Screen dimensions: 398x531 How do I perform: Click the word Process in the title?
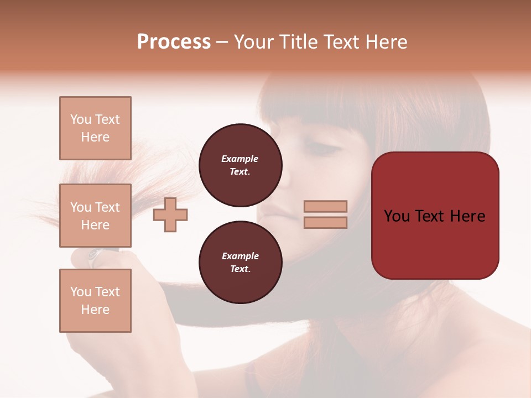pyautogui.click(x=174, y=42)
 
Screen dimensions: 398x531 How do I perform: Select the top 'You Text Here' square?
pyautogui.click(x=95, y=128)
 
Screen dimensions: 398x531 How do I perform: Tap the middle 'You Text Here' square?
pyautogui.click(x=95, y=216)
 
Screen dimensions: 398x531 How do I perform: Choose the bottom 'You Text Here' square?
pyautogui.click(x=95, y=300)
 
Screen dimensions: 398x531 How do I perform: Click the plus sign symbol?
pyautogui.click(x=170, y=215)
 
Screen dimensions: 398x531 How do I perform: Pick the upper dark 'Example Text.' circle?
pyautogui.click(x=240, y=165)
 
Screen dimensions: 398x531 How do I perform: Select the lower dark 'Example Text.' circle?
pyautogui.click(x=240, y=263)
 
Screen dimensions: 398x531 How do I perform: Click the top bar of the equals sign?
pyautogui.click(x=326, y=206)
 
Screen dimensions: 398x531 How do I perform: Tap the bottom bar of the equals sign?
pyautogui.click(x=326, y=223)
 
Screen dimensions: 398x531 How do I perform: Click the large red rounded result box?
pyautogui.click(x=435, y=215)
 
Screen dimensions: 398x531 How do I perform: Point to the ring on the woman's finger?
pyautogui.click(x=95, y=255)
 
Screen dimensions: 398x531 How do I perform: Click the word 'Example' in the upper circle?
pyautogui.click(x=240, y=159)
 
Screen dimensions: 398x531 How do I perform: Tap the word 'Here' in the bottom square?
pyautogui.click(x=95, y=310)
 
